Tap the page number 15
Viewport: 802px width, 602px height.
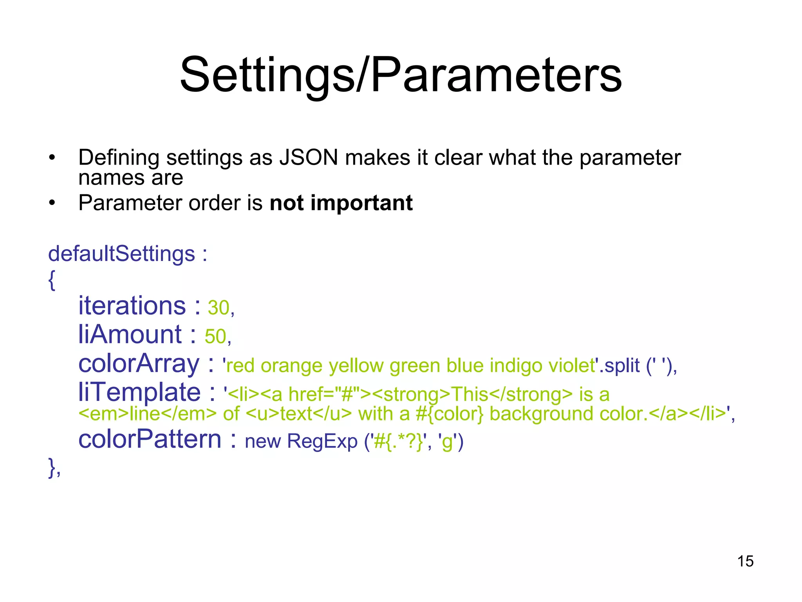745,561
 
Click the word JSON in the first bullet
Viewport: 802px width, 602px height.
308,158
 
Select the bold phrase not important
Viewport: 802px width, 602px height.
341,203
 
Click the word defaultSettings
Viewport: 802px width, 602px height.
121,254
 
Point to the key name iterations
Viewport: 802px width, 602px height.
132,305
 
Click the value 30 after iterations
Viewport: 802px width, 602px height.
218,308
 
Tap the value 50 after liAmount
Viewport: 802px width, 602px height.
215,337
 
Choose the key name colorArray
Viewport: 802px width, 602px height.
139,363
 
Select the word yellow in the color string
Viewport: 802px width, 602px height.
356,366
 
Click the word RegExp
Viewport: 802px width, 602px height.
322,441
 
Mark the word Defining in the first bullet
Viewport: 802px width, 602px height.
119,158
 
